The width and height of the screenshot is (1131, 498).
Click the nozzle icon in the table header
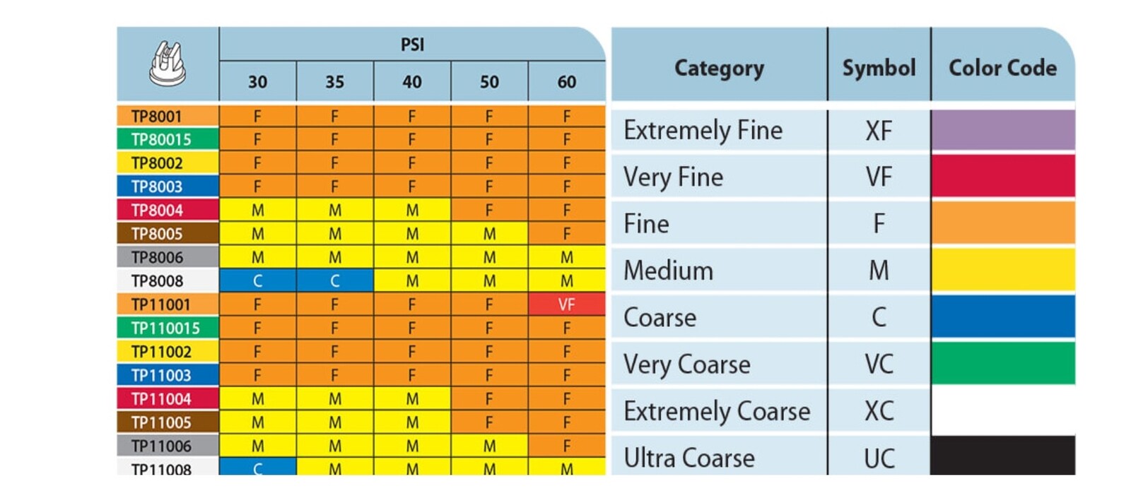point(168,64)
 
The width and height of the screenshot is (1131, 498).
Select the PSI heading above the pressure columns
point(413,45)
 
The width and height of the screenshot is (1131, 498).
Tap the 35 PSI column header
point(335,82)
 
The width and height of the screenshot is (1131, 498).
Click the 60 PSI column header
point(566,82)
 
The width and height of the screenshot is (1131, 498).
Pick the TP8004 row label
point(157,210)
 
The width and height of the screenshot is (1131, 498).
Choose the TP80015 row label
point(161,139)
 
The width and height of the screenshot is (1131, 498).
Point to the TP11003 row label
point(161,375)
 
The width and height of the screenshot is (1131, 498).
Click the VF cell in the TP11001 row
point(566,304)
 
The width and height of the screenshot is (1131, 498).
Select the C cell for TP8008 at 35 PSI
point(335,280)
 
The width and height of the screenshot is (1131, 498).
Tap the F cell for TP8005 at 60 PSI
point(566,234)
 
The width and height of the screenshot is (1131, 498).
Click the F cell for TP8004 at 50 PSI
point(489,210)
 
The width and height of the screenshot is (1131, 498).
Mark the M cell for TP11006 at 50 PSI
point(489,446)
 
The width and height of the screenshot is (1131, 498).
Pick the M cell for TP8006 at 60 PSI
point(566,257)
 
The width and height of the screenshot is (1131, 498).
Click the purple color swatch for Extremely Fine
point(1003,130)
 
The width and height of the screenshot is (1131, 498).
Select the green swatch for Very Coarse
point(1003,363)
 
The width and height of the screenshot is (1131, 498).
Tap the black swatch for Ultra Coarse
point(1003,456)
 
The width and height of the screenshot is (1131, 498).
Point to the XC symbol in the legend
point(879,411)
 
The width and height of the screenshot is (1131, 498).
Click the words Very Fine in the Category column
point(673,177)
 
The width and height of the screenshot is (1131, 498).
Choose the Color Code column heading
point(1003,68)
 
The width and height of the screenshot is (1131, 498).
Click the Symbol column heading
point(879,68)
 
